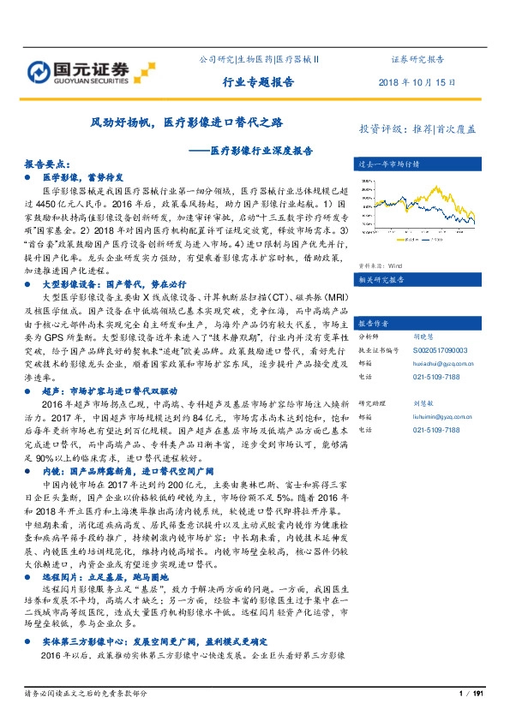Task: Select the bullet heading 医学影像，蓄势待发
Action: (x=77, y=176)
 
